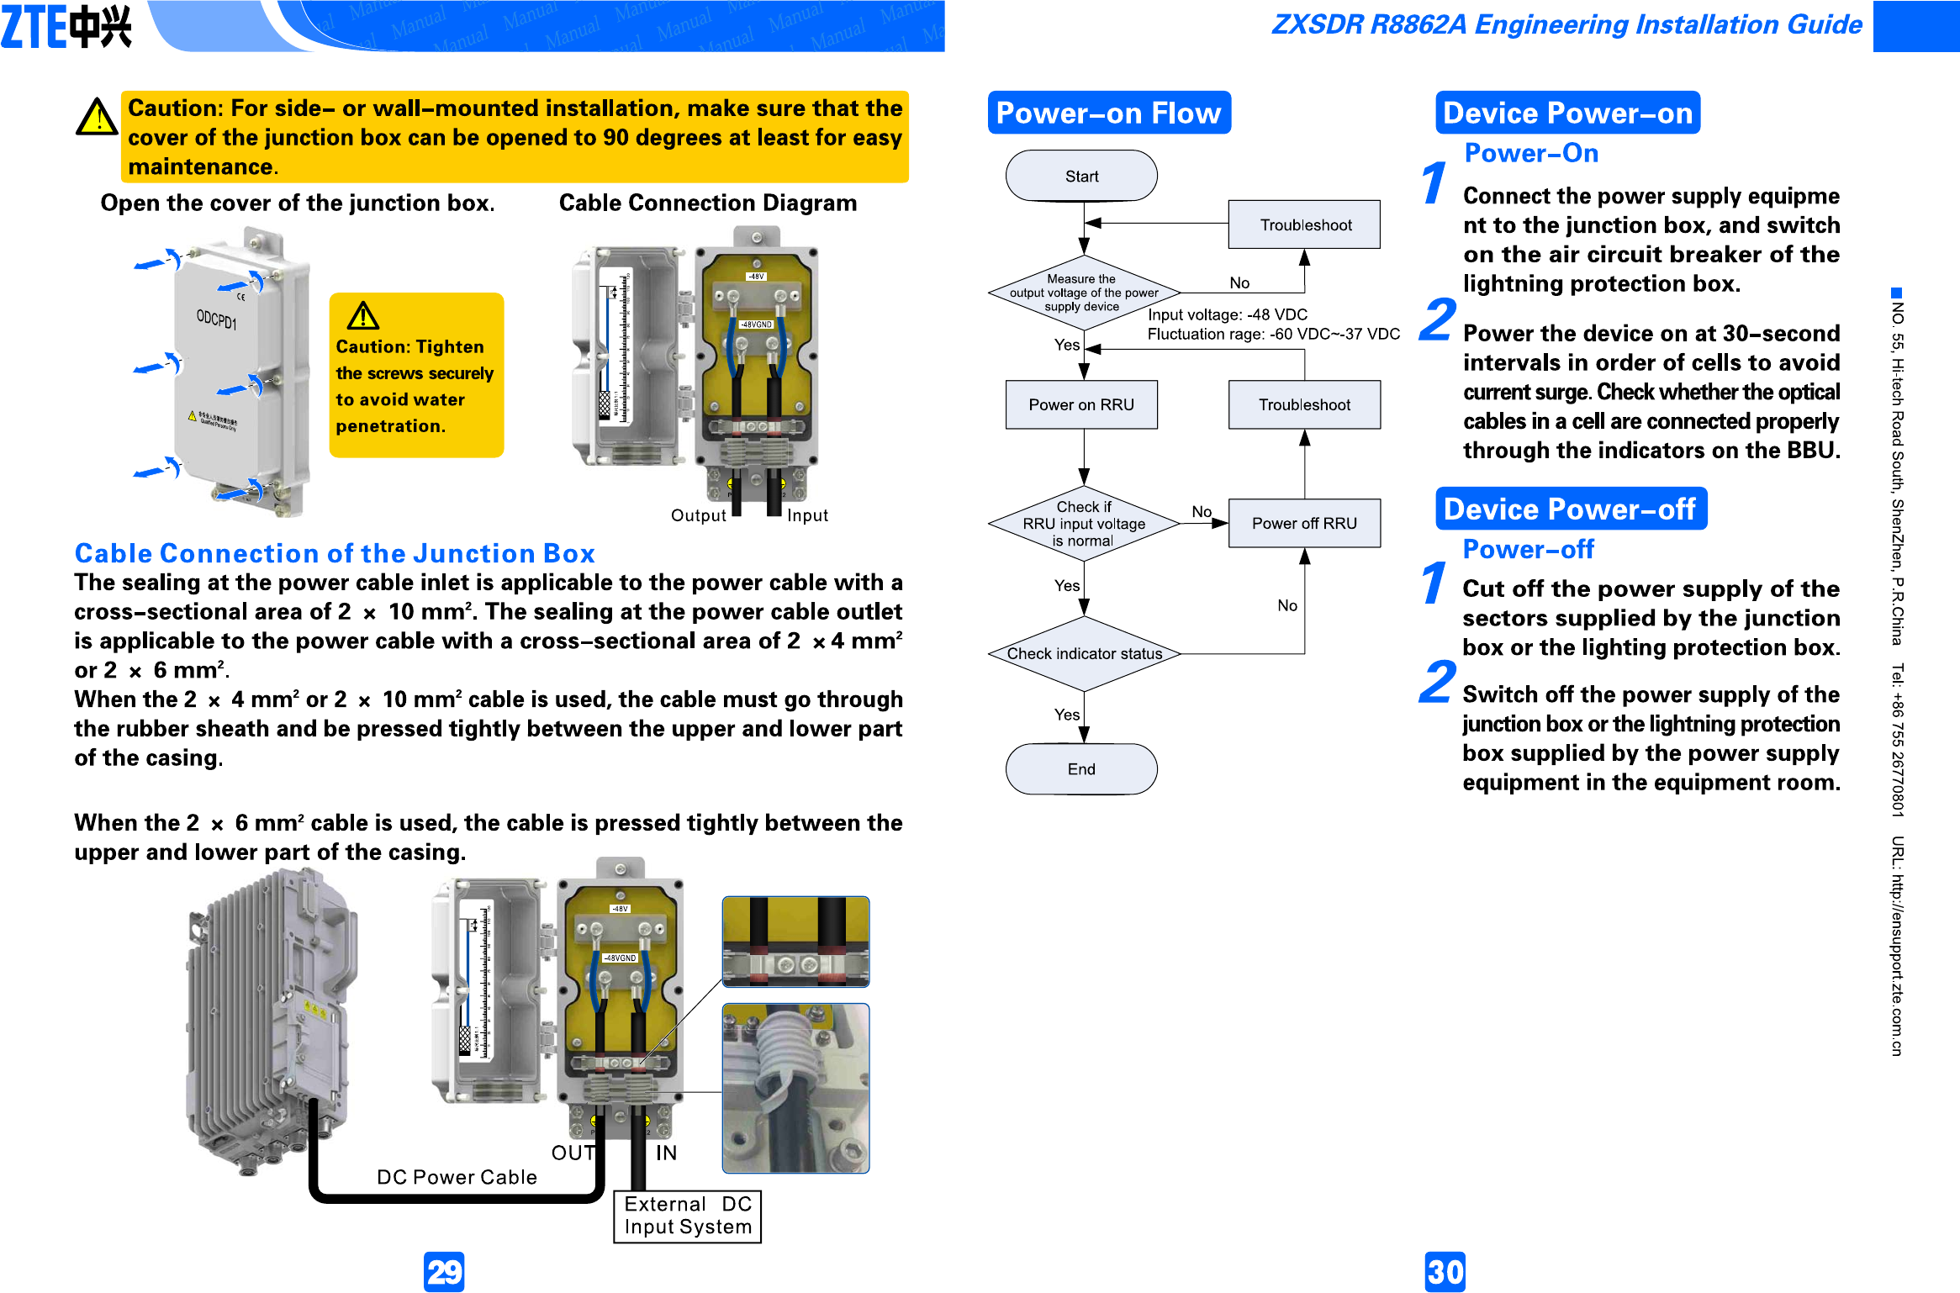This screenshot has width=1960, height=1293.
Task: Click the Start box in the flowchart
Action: tap(1081, 176)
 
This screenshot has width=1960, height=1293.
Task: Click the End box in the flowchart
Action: tap(1081, 768)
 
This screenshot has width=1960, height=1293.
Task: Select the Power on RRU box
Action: tap(1081, 404)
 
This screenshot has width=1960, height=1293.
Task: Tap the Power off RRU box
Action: tap(1304, 523)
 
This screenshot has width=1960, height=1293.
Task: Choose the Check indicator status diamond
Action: tap(1084, 653)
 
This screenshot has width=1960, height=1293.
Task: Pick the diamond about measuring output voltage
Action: tap(1084, 293)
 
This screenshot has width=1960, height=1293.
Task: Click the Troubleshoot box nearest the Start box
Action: tap(1304, 224)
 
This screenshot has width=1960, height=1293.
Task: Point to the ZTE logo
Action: tap(66, 27)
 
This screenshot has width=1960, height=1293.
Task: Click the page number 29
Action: tap(444, 1271)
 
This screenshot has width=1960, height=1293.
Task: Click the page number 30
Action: tap(1445, 1271)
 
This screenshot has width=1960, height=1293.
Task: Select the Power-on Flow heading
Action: tap(1108, 113)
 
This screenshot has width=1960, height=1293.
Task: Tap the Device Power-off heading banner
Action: tap(1570, 509)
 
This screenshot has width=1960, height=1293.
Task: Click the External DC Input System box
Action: tap(688, 1216)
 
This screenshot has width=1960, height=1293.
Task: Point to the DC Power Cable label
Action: tap(457, 1177)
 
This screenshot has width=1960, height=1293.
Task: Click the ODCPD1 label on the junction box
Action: tap(216, 319)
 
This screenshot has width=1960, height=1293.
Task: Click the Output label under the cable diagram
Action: tap(698, 515)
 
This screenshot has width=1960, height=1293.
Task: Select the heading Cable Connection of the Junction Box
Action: tap(335, 553)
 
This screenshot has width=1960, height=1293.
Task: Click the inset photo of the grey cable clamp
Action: tap(795, 1088)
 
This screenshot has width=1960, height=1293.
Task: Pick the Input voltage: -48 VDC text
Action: tap(1228, 314)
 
